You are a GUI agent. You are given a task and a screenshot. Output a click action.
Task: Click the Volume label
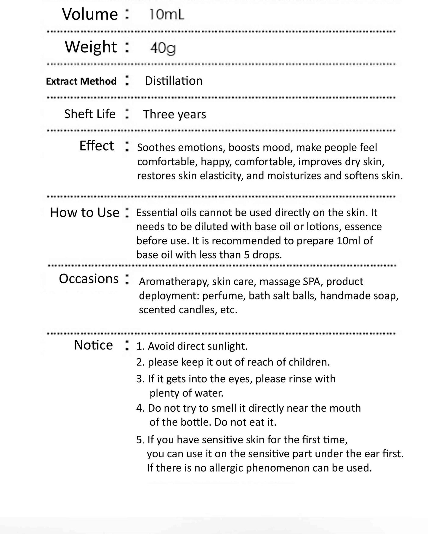pyautogui.click(x=90, y=14)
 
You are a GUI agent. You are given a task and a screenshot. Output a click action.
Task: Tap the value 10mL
pyautogui.click(x=166, y=14)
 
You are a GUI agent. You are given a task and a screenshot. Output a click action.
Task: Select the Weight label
pyautogui.click(x=91, y=47)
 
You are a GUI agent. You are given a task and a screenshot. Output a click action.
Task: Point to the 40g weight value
pyautogui.click(x=163, y=48)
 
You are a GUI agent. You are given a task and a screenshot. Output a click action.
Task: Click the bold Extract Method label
pyautogui.click(x=81, y=81)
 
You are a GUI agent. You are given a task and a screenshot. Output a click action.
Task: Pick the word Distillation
pyautogui.click(x=174, y=81)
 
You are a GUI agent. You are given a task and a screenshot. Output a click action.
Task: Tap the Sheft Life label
pyautogui.click(x=90, y=114)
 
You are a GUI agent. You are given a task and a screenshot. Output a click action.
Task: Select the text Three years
pyautogui.click(x=174, y=114)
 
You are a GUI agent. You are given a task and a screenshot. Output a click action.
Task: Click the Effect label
pyautogui.click(x=97, y=146)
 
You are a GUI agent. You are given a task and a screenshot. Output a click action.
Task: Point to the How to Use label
pyautogui.click(x=85, y=213)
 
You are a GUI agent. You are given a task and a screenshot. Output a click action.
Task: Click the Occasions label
pyautogui.click(x=89, y=279)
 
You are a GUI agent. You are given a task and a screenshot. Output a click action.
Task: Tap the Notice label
pyautogui.click(x=93, y=345)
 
